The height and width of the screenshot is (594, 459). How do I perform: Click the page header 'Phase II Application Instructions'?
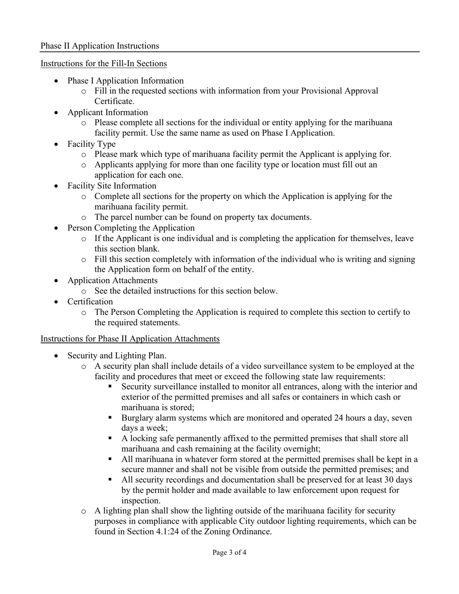pyautogui.click(x=100, y=46)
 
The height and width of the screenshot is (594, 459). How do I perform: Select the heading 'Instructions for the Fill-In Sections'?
pyautogui.click(x=103, y=63)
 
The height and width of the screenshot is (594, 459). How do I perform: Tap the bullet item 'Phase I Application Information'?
pyautogui.click(x=126, y=81)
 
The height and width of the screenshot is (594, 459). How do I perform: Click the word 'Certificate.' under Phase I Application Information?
pyautogui.click(x=114, y=101)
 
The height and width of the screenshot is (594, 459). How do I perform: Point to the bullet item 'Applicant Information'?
pyautogui.click(x=108, y=113)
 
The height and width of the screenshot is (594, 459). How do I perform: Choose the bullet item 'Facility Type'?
pyautogui.click(x=91, y=144)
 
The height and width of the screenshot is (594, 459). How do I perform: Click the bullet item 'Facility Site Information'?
pyautogui.click(x=112, y=186)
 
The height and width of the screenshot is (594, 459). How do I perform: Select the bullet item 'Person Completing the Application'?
pyautogui.click(x=131, y=228)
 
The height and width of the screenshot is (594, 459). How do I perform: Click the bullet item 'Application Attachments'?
pyautogui.click(x=112, y=281)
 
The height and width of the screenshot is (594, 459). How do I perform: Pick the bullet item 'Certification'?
pyautogui.click(x=90, y=302)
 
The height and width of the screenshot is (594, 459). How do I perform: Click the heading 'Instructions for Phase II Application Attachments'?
pyautogui.click(x=130, y=339)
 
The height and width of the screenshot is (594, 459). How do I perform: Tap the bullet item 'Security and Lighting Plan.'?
pyautogui.click(x=117, y=356)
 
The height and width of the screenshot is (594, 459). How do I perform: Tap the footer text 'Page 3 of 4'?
pyautogui.click(x=229, y=552)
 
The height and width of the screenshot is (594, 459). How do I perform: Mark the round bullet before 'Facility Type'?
pyautogui.click(x=57, y=144)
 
